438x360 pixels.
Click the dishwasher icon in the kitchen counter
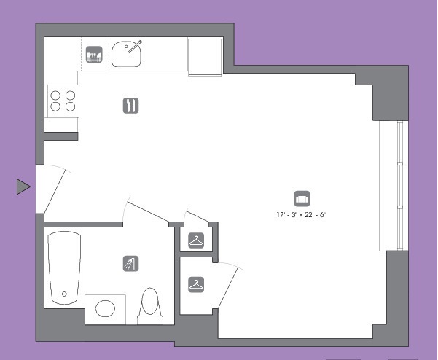pos(94,54)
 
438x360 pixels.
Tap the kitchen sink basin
pos(125,54)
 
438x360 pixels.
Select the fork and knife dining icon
pos(130,106)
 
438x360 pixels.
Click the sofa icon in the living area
pos(302,198)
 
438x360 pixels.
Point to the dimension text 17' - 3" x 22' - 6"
pos(301,215)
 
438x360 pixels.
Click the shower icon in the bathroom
pos(130,263)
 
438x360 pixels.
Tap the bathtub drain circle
pos(64,294)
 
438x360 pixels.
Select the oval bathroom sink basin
pos(105,308)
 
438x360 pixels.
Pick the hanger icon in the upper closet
pos(196,240)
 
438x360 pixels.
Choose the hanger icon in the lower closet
pos(196,285)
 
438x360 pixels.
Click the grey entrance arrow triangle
pos(23,187)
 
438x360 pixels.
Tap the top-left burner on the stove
pos(55,95)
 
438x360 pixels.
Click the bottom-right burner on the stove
pos(70,106)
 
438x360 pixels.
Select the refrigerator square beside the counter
pos(206,57)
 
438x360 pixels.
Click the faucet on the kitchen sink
pos(135,47)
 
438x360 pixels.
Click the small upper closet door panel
pos(198,216)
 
